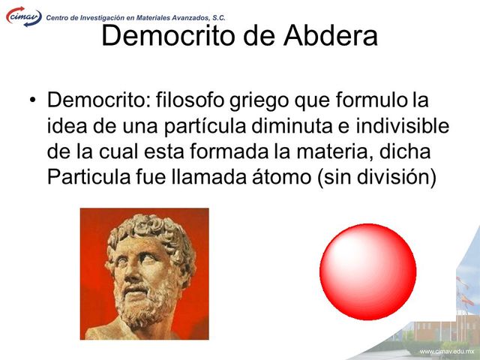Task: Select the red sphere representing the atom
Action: pos(367,271)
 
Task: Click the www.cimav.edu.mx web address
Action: pos(447,351)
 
